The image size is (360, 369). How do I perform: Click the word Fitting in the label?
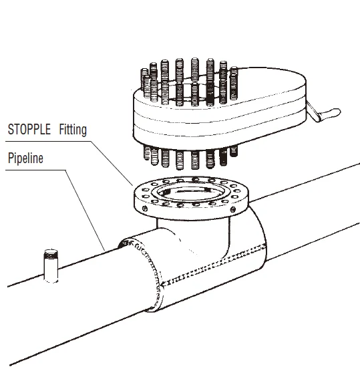point(71,129)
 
